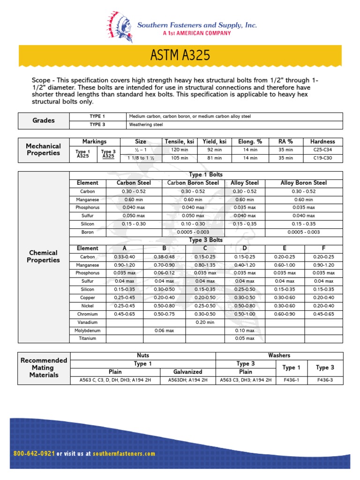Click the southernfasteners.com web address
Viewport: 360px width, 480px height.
[124, 454]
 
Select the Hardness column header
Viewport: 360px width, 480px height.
[322, 141]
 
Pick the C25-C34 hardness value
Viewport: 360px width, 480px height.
[322, 150]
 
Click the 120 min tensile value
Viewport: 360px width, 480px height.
[174, 150]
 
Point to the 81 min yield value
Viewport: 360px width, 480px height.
[214, 158]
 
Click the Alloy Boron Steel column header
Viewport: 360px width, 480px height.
[303, 183]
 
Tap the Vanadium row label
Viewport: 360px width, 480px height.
[88, 322]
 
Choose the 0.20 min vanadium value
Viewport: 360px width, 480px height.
[205, 322]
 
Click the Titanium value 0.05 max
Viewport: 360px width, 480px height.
[245, 338]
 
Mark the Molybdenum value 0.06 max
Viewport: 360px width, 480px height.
[165, 330]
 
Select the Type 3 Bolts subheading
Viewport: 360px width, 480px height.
[206, 240]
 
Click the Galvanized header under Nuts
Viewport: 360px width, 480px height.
[187, 372]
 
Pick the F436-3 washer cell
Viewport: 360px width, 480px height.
[325, 380]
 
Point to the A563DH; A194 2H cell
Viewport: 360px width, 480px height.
[187, 380]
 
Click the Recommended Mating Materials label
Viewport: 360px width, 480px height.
[43, 367]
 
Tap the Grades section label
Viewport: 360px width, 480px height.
[43, 120]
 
